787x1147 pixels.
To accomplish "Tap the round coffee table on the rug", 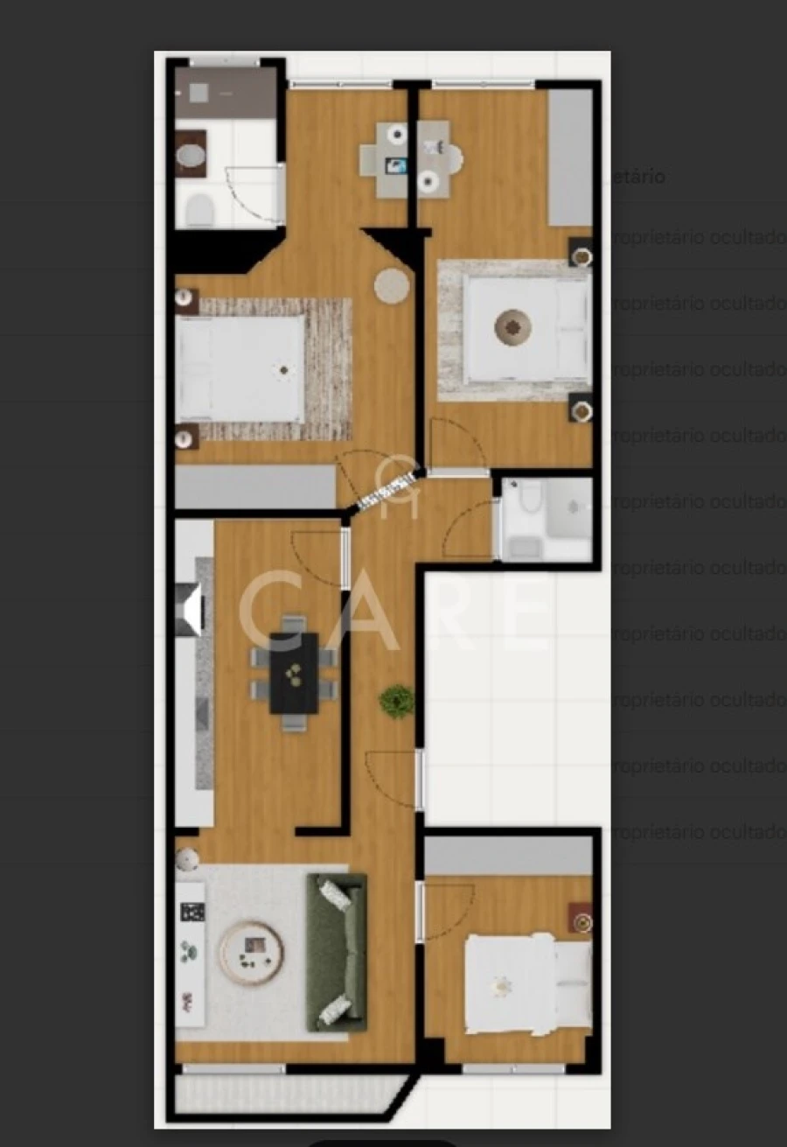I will pyautogui.click(x=252, y=953).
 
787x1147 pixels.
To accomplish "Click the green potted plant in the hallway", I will pyautogui.click(x=396, y=701).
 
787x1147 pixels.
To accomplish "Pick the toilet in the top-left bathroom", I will pyautogui.click(x=200, y=210).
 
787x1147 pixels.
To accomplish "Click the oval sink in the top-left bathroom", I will pyautogui.click(x=191, y=156).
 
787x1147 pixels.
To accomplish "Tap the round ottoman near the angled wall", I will pyautogui.click(x=392, y=286).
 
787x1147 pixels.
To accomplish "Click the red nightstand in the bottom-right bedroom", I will pyautogui.click(x=581, y=920).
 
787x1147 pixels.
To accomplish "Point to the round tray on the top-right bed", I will pyautogui.click(x=513, y=326).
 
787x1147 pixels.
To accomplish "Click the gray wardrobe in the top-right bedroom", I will pyautogui.click(x=570, y=157).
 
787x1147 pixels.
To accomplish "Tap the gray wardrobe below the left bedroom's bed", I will pyautogui.click(x=255, y=486).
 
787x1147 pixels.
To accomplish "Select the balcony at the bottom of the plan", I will pyautogui.click(x=289, y=1094).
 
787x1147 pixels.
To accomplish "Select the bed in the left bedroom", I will pyautogui.click(x=240, y=367).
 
